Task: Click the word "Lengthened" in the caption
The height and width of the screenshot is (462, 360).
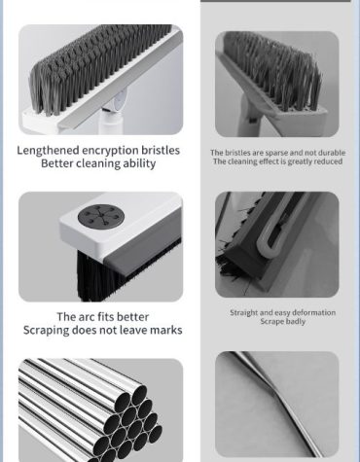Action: coord(48,151)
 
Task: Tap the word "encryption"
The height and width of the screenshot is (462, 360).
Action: coord(110,151)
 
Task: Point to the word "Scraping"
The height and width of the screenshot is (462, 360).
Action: coord(46,331)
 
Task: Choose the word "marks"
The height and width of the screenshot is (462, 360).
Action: coord(166,330)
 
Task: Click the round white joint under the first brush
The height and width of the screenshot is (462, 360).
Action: coord(120,101)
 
